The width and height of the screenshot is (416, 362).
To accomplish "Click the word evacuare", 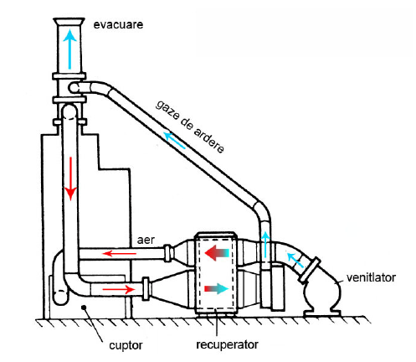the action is point(118,24).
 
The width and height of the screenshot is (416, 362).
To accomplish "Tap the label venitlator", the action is point(371,277).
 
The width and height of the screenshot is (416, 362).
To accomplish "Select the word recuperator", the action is point(227,344).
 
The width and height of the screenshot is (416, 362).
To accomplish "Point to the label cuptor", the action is point(126,346).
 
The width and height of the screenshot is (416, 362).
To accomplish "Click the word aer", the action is point(146,240).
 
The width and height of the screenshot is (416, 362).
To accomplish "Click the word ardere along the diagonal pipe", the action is point(208,140).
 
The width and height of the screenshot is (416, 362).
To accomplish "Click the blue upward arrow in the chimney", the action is point(69,49).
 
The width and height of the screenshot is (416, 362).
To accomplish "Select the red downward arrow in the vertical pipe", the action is point(70,178).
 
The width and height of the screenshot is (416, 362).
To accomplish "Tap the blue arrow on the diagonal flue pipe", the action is point(174,140).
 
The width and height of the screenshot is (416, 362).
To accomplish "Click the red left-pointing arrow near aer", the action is point(119,253).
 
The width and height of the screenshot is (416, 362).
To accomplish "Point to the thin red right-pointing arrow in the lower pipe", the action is point(119,289).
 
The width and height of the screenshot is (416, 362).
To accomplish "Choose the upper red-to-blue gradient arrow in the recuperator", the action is point(217,253).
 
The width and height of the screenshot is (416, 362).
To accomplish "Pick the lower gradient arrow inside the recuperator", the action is point(217,288).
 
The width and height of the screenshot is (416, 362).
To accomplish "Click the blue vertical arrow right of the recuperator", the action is point(265,245).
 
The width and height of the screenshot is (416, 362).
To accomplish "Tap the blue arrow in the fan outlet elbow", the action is point(295,259).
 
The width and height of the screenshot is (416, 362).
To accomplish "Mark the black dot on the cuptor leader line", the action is point(83,308).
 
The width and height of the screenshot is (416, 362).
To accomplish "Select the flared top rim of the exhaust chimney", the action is point(69,21).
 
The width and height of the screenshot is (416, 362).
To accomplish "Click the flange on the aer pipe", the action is point(167,253).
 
